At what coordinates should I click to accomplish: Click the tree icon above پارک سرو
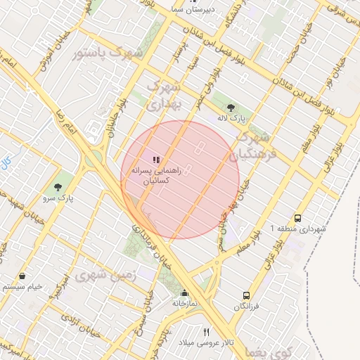pyautogui.click(x=58, y=187)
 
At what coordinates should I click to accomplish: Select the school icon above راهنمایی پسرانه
pyautogui.click(x=156, y=160)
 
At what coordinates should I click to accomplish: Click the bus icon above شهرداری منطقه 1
pyautogui.click(x=298, y=218)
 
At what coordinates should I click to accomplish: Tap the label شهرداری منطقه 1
pyautogui.click(x=299, y=229)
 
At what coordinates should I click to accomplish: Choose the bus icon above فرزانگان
pyautogui.click(x=246, y=296)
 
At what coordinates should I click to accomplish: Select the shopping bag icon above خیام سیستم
pyautogui.click(x=25, y=276)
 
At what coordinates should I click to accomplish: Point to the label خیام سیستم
pyautogui.click(x=23, y=287)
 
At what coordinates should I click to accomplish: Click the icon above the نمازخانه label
pyautogui.click(x=184, y=293)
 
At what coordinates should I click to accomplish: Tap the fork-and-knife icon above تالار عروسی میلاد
pyautogui.click(x=206, y=331)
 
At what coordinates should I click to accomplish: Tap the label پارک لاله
pyautogui.click(x=233, y=119)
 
